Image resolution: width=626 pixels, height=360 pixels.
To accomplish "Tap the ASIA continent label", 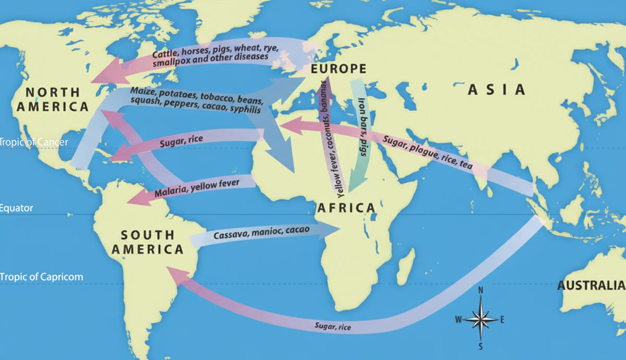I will tap(496, 90).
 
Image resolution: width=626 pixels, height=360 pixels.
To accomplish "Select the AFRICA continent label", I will tap(346, 208).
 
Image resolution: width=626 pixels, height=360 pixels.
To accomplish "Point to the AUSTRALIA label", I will tap(591, 285).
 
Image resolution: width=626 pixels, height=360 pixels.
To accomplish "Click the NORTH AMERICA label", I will tap(50, 99).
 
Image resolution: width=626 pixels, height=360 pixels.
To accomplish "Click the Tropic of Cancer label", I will tap(33, 142).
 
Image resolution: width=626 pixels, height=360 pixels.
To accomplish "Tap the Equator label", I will tap(17, 208).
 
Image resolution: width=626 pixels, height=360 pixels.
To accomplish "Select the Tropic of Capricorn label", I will tap(41, 277).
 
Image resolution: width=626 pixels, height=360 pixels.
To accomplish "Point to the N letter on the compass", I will tap(481, 291).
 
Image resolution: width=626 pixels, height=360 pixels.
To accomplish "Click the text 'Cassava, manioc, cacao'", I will tap(261, 233).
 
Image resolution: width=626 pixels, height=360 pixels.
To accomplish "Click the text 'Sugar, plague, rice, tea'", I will tap(427, 152).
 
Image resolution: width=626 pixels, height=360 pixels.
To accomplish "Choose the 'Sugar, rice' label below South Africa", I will tap(333, 327).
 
